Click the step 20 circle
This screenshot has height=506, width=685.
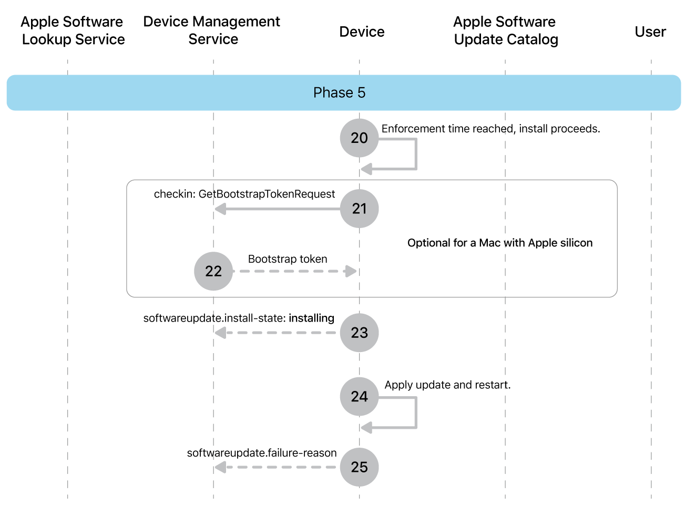[359, 138]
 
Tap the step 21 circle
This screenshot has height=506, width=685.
[359, 209]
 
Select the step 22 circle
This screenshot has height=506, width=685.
[213, 271]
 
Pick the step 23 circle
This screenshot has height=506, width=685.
[359, 333]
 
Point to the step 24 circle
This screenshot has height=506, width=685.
[359, 396]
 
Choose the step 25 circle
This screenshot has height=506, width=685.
[359, 467]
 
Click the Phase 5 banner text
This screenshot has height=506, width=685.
[339, 92]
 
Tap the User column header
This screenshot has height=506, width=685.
[650, 32]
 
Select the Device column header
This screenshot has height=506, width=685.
[362, 32]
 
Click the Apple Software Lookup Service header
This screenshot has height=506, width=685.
[73, 30]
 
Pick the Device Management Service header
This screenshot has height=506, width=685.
[212, 30]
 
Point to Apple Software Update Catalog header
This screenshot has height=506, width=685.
[505, 30]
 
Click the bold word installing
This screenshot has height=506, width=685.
[311, 318]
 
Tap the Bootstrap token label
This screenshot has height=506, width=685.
[288, 259]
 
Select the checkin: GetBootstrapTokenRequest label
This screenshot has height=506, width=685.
[244, 194]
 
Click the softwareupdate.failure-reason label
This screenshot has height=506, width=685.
[262, 453]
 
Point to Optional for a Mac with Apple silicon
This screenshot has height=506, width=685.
[500, 243]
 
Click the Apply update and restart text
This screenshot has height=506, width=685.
[447, 385]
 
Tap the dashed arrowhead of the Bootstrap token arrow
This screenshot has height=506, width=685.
[351, 271]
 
